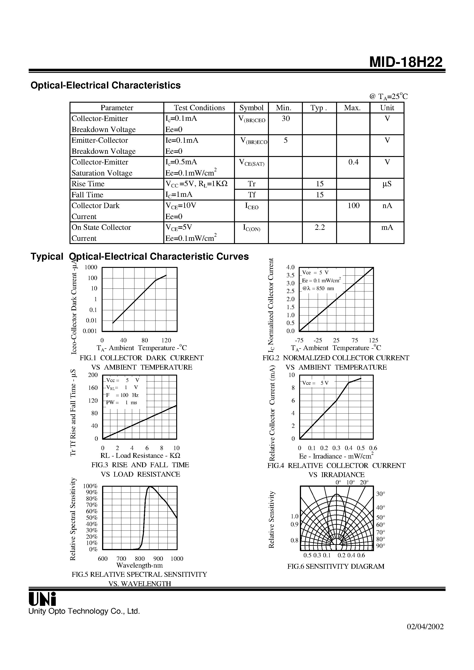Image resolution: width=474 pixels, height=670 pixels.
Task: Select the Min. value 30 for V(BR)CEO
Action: coord(285,118)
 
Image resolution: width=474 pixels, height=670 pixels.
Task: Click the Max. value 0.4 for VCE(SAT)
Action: coord(353,162)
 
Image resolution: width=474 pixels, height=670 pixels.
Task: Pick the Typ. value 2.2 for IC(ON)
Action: coord(320,227)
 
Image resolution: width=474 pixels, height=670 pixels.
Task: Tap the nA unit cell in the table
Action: coord(387,206)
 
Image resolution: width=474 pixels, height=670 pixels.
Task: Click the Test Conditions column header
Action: coord(199,108)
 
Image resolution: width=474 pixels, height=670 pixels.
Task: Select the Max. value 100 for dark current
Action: coord(353,206)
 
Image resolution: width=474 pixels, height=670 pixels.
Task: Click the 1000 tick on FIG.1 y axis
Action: coord(91,267)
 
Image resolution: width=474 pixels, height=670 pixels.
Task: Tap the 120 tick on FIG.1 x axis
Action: coord(166,340)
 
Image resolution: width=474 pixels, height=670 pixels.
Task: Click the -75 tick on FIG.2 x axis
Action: coord(299,340)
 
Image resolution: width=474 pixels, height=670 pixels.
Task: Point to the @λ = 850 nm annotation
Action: coord(318,289)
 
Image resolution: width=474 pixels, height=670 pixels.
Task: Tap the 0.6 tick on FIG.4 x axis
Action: coord(373,448)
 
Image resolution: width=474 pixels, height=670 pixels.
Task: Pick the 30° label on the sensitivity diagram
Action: coord(380,494)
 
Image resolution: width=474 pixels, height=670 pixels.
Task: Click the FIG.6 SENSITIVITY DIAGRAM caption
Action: coord(336,566)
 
